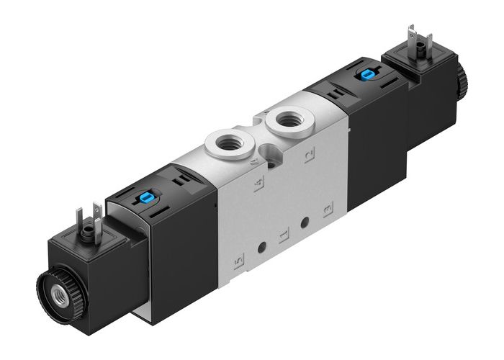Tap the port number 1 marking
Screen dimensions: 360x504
[284, 235]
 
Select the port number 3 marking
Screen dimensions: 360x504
[328, 210]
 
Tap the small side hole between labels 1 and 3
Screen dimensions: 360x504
[306, 223]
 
